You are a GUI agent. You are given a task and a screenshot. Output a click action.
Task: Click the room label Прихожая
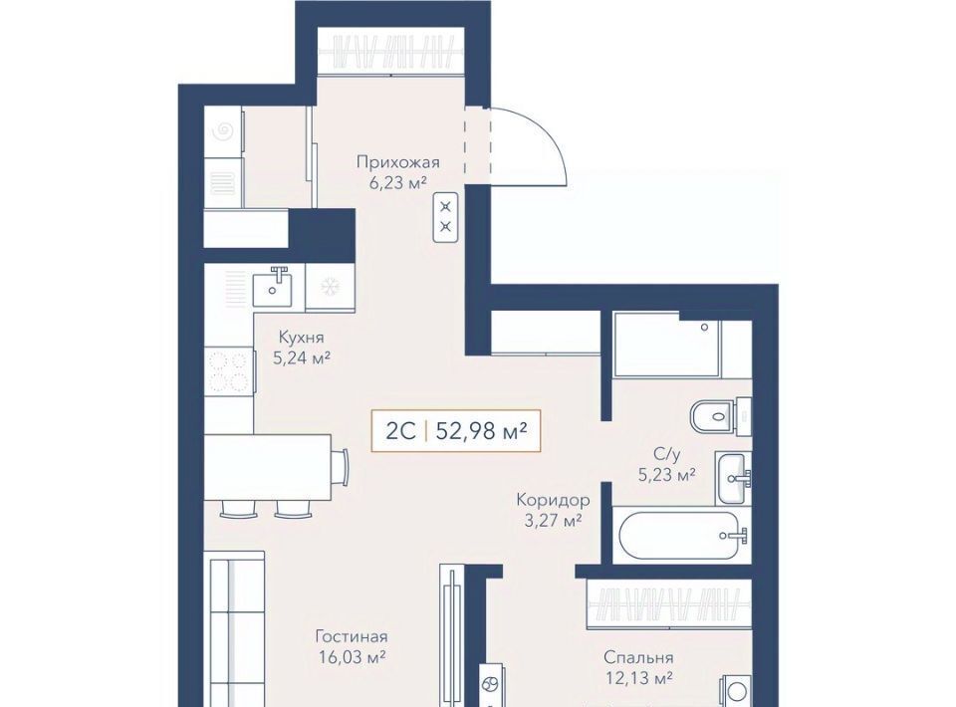[398, 162]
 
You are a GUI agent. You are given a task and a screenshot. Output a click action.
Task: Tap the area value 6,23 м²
[396, 182]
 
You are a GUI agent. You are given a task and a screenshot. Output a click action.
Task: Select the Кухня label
[301, 337]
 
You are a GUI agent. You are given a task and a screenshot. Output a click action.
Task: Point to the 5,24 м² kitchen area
[301, 357]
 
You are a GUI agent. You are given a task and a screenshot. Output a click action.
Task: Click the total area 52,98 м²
[482, 431]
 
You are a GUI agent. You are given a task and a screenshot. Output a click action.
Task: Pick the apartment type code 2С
[401, 431]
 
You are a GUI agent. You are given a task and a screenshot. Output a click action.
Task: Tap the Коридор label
[553, 501]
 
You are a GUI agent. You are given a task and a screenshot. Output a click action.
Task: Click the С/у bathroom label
[666, 453]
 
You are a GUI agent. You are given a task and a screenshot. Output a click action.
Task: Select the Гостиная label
[352, 637]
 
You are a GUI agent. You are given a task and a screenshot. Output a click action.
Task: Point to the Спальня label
[638, 657]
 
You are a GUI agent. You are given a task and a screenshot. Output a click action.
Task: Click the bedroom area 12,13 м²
[638, 678]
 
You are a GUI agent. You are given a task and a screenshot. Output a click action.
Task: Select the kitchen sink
[272, 288]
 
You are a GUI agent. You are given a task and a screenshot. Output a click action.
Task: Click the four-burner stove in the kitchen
[228, 371]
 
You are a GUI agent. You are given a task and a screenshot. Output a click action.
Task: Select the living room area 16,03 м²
[352, 657]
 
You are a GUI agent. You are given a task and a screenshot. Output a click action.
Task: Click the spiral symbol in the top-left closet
[224, 129]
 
